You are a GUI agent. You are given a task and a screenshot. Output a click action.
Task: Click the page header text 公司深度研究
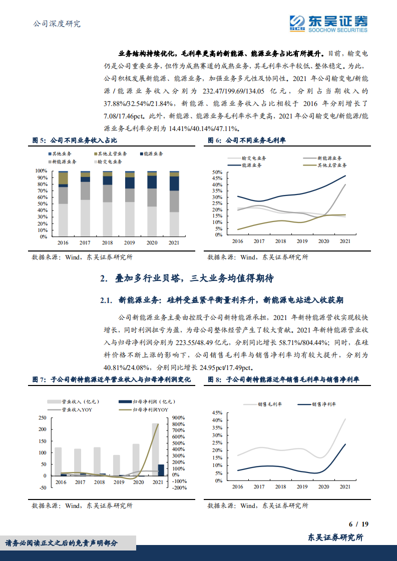pyautogui.click(x=56, y=23)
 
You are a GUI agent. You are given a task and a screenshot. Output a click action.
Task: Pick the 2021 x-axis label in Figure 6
pyautogui.click(x=345, y=241)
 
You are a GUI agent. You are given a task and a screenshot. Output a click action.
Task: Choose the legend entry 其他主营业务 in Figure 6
pyautogui.click(x=332, y=164)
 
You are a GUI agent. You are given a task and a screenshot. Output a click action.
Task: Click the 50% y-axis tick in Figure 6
pyautogui.click(x=217, y=172)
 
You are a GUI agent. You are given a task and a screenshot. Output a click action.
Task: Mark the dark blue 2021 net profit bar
pyautogui.click(x=161, y=470)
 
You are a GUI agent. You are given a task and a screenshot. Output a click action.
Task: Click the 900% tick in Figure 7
pyautogui.click(x=179, y=417)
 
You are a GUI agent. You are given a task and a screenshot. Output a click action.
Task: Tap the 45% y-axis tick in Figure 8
pyautogui.click(x=217, y=413)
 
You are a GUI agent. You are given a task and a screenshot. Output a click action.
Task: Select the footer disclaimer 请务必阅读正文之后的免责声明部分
pyautogui.click(x=62, y=543)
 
